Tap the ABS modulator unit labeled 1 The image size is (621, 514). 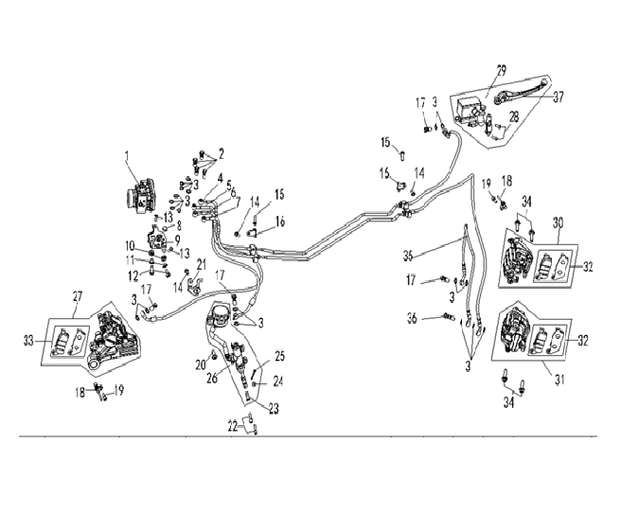pyautogui.click(x=138, y=195)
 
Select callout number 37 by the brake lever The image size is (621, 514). pyautogui.click(x=559, y=97)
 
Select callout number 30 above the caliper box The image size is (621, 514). pyautogui.click(x=559, y=222)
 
